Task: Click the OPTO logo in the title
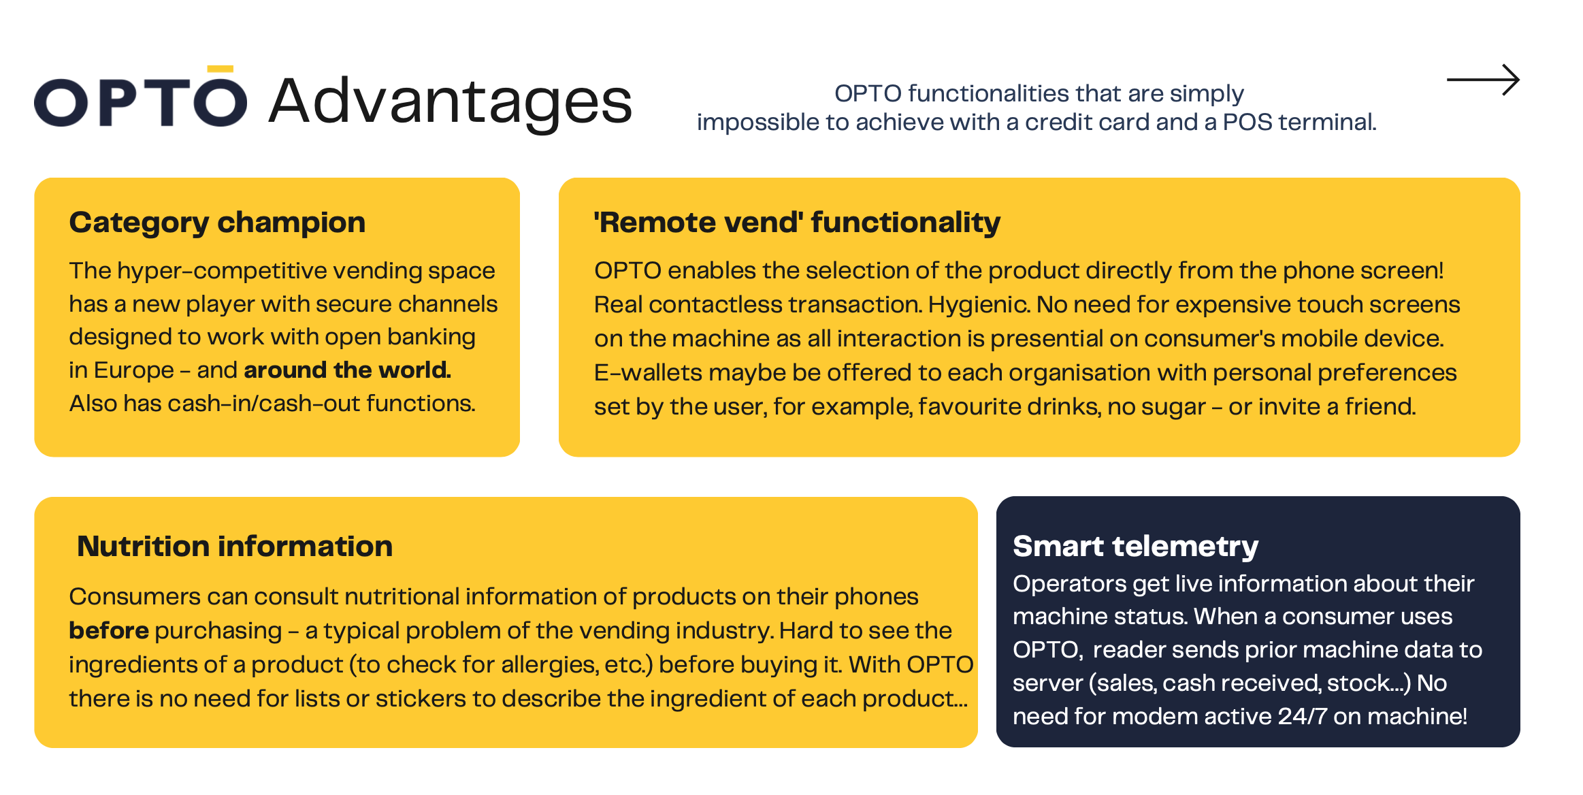(x=140, y=97)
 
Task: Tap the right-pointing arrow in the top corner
(x=1483, y=80)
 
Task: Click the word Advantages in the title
(x=451, y=102)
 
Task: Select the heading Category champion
(x=217, y=223)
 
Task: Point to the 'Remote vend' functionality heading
(x=797, y=222)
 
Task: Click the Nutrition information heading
(x=235, y=546)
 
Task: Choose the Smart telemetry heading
(x=1135, y=547)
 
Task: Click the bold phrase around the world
(x=347, y=370)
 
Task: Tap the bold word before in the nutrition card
(x=109, y=630)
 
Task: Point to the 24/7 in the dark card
(x=1302, y=716)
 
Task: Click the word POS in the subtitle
(x=1247, y=122)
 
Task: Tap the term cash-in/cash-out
(x=264, y=404)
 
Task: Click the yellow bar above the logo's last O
(x=221, y=69)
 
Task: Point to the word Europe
(x=134, y=370)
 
